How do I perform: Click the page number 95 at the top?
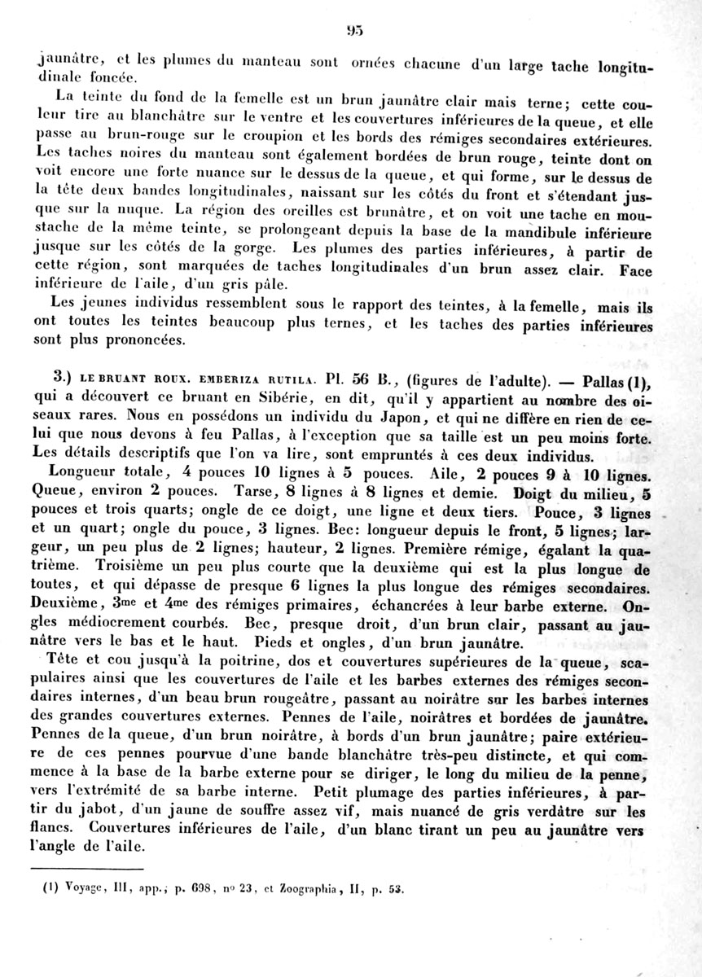tap(352, 32)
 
